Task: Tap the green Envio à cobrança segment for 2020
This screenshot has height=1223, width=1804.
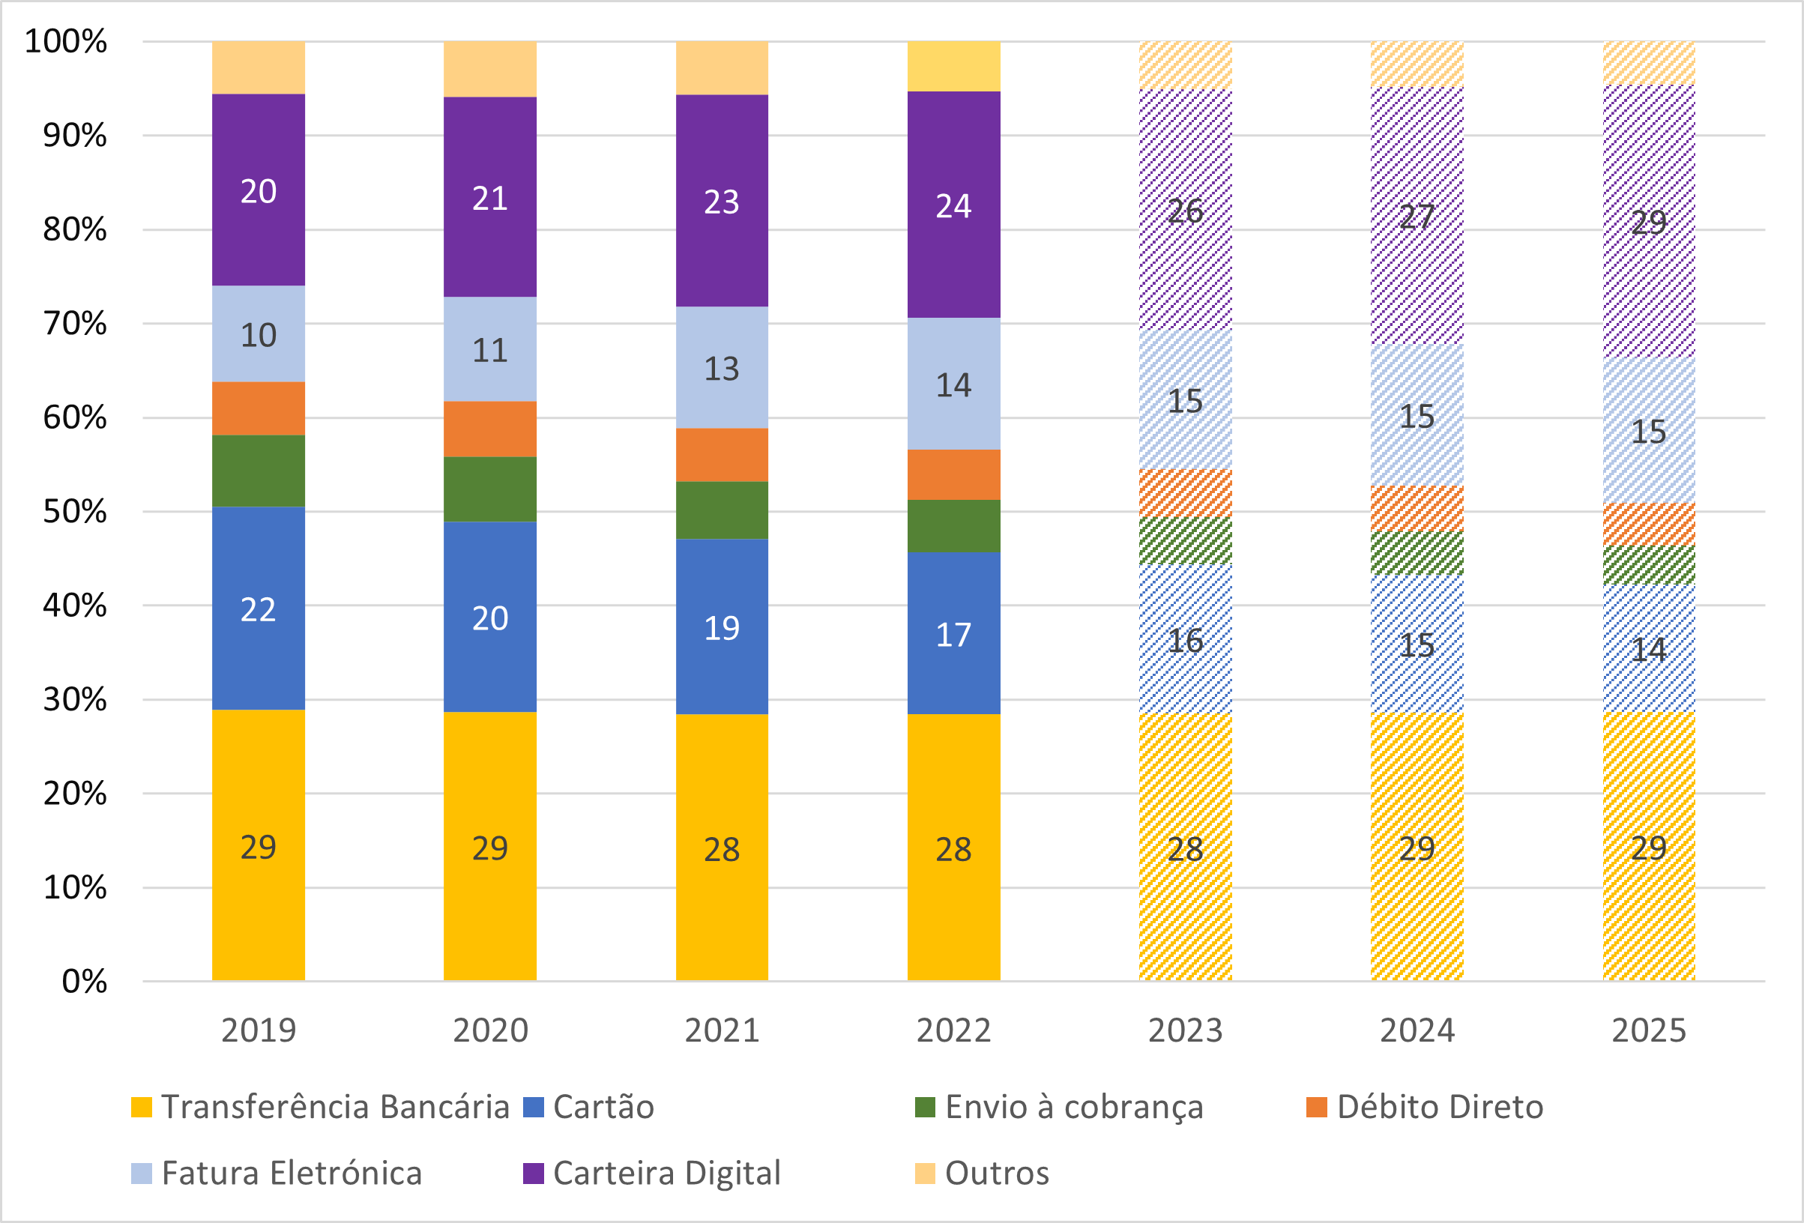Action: coord(490,489)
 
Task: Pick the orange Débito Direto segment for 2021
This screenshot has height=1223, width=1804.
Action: coord(721,455)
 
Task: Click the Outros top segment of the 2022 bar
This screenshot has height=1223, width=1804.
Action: coord(953,66)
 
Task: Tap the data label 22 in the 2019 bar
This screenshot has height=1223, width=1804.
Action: coord(258,610)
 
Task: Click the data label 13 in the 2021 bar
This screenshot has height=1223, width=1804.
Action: coord(721,369)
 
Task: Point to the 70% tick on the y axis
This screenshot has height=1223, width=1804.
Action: coord(74,324)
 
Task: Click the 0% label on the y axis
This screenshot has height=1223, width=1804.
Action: coord(84,982)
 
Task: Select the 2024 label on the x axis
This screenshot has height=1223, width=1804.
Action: coord(1417,1030)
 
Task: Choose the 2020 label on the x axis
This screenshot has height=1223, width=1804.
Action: coord(490,1030)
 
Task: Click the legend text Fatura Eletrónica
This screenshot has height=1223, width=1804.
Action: coord(291,1174)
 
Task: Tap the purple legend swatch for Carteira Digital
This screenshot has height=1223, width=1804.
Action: coord(534,1174)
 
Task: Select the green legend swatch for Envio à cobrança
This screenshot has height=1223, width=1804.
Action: coord(926,1108)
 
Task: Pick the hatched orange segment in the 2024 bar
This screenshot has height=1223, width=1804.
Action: coord(1417,508)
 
